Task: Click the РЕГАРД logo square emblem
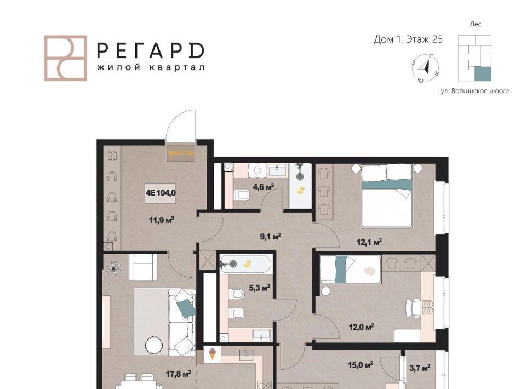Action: click(x=66, y=58)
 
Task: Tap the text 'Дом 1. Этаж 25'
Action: click(x=408, y=39)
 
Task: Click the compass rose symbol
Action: click(x=425, y=68)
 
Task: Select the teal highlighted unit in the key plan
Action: click(x=483, y=74)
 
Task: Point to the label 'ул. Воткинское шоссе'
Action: click(x=474, y=91)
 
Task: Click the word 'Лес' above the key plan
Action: click(x=476, y=24)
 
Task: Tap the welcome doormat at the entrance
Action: click(x=181, y=153)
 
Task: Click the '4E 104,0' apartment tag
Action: click(x=161, y=193)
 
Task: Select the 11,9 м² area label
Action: click(x=161, y=220)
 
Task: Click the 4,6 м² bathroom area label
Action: click(x=264, y=187)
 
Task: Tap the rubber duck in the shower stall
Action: click(x=301, y=191)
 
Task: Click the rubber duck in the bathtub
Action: click(x=247, y=264)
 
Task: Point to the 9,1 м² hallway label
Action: click(x=270, y=237)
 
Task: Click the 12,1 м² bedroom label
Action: click(x=369, y=242)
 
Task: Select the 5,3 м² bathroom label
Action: click(x=259, y=288)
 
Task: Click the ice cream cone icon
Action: click(x=212, y=354)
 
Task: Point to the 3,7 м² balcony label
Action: click(x=420, y=368)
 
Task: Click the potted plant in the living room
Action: click(x=113, y=268)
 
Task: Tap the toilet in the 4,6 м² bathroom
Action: click(x=241, y=195)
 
